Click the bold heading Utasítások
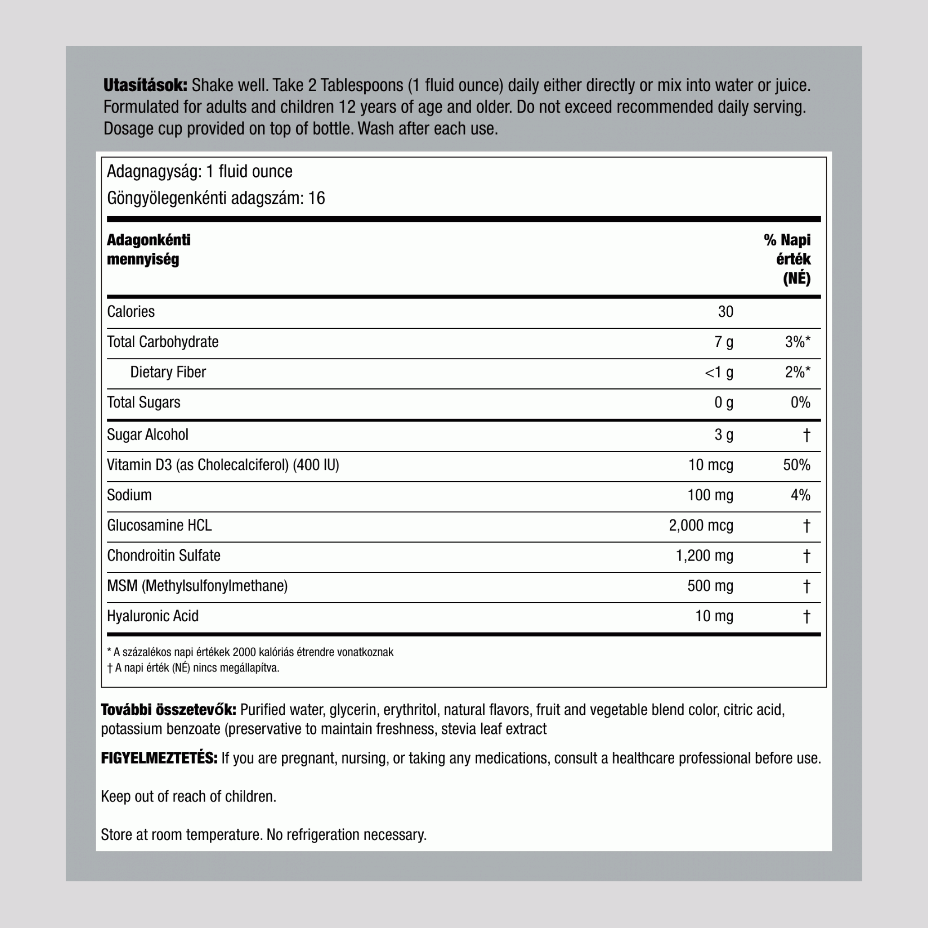(x=145, y=86)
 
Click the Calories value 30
(x=725, y=312)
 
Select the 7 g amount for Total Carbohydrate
(x=723, y=342)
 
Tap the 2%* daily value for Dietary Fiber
(x=797, y=372)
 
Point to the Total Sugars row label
(x=144, y=402)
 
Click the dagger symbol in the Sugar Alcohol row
(x=807, y=435)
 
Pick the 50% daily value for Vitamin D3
(x=797, y=465)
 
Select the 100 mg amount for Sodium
(x=710, y=495)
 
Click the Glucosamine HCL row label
(x=159, y=526)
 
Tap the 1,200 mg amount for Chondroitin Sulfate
(x=704, y=556)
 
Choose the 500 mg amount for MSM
(x=710, y=586)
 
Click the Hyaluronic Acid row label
(x=152, y=616)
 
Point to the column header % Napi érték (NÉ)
(x=788, y=259)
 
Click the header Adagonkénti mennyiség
(x=149, y=249)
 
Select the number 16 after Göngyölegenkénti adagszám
(x=317, y=198)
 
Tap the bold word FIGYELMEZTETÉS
(x=159, y=759)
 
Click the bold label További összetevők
(x=168, y=710)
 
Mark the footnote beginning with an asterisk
(x=250, y=652)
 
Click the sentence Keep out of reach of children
(x=188, y=797)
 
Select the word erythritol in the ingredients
(x=410, y=710)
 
